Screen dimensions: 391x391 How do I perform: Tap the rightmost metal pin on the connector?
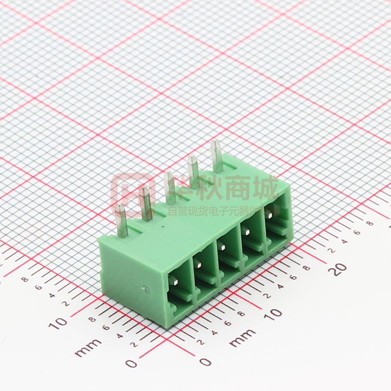(x=217, y=156)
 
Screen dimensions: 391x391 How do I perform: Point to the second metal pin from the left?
(x=146, y=203)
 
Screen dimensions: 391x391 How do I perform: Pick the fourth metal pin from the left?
(x=193, y=171)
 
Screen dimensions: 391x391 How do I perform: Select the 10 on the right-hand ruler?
(x=274, y=313)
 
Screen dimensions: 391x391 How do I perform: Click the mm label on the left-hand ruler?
(x=88, y=347)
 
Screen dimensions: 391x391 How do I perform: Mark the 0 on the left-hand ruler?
(x=132, y=363)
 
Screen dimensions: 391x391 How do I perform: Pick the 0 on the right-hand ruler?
(x=205, y=361)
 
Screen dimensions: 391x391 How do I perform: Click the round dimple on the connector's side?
(x=146, y=289)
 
